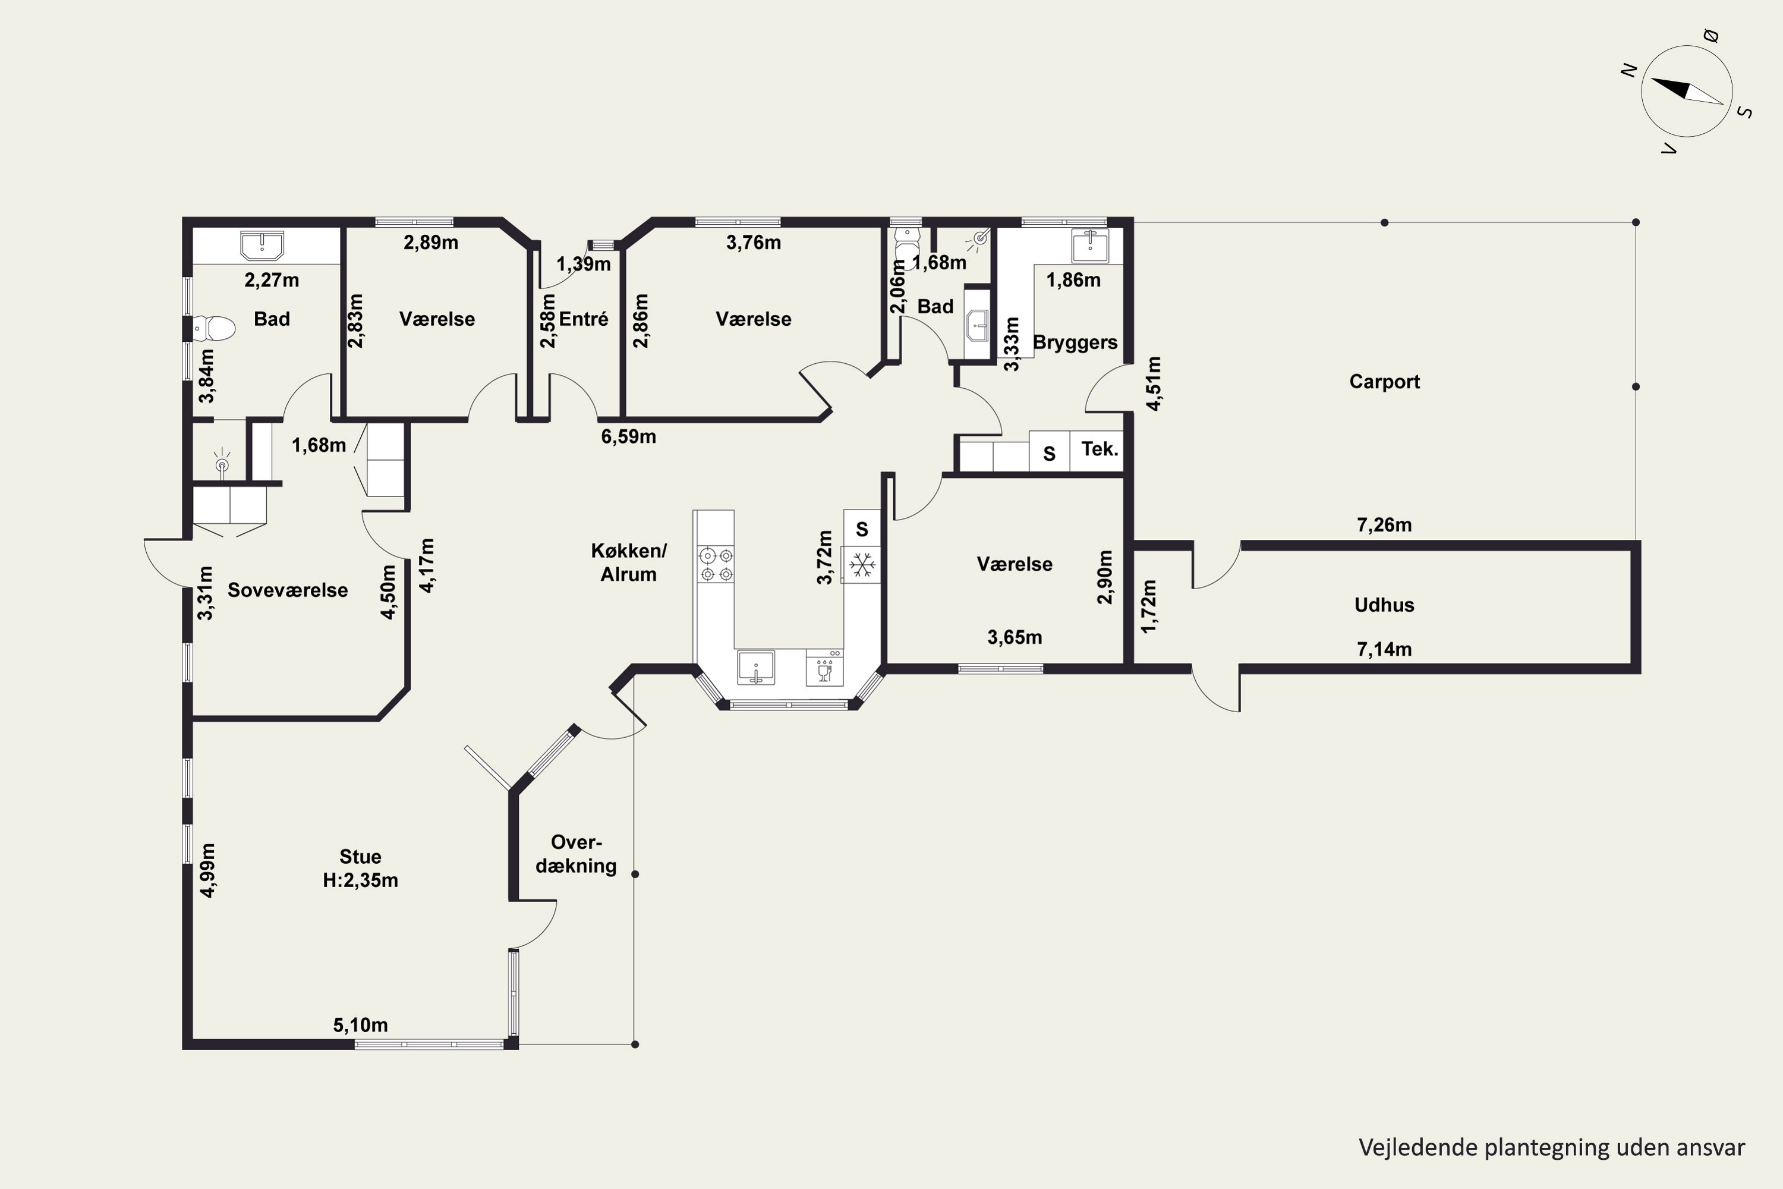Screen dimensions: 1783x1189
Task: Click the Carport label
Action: coord(1384,382)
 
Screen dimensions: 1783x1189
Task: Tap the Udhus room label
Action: coord(1384,605)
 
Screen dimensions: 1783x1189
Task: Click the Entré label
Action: coord(583,319)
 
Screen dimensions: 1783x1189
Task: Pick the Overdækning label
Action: coord(576,854)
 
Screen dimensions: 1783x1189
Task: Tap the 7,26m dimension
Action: coord(1384,525)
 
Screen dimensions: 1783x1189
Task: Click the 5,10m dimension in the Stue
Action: coord(360,1025)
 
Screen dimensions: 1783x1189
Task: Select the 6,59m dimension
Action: coord(628,437)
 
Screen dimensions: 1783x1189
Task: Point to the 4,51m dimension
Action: coord(1153,383)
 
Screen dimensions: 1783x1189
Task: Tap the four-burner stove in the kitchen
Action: coord(716,565)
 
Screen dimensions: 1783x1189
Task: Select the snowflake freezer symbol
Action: coord(862,564)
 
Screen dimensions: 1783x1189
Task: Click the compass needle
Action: coord(1687,91)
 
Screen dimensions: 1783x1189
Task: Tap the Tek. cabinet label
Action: coord(1099,449)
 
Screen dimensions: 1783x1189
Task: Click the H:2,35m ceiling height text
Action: coord(360,880)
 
